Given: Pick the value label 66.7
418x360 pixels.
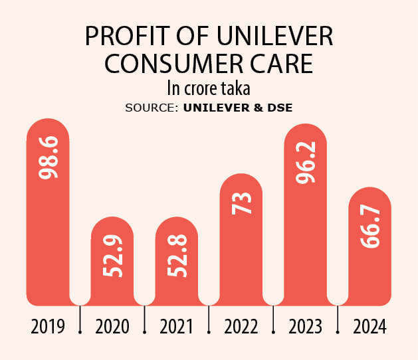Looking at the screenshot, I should click(x=370, y=227).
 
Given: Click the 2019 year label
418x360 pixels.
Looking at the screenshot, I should click(x=48, y=326).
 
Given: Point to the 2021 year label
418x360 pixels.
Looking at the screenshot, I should click(x=177, y=326).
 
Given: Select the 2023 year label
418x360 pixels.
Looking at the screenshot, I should click(x=306, y=326).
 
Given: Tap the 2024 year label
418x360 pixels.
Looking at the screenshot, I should click(x=370, y=326).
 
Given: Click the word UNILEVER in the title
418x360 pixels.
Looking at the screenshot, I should click(x=263, y=37).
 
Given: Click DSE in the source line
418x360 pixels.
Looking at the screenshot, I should click(x=279, y=107).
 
